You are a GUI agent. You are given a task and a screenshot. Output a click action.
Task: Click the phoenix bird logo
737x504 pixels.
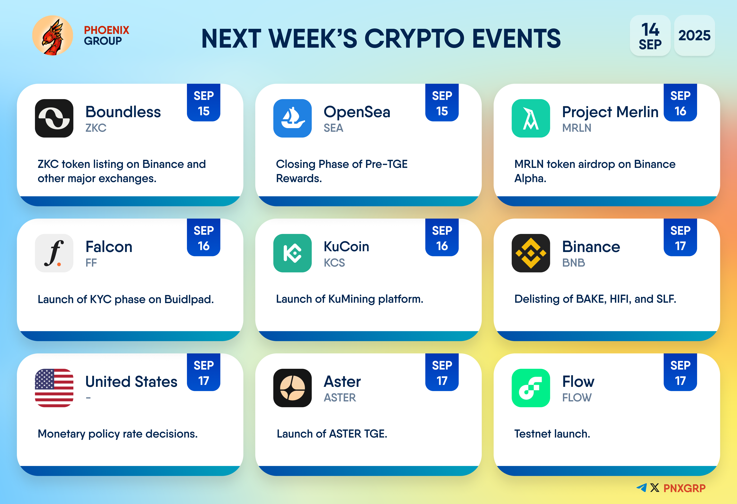point(53,36)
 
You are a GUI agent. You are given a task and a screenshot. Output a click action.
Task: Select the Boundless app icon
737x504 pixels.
point(54,118)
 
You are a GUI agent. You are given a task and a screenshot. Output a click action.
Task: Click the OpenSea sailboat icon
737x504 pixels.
point(292,118)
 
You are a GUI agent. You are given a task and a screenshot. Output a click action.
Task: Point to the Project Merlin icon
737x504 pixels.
point(531,118)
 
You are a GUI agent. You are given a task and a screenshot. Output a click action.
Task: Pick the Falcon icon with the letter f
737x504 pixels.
point(54,253)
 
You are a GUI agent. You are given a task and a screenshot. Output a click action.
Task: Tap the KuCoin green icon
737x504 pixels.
point(292,253)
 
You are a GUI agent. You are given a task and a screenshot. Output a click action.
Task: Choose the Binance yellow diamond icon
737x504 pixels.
point(531,253)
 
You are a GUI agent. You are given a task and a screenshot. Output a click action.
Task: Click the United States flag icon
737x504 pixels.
point(54,388)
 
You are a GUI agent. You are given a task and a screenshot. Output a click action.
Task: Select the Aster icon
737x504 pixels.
point(292,388)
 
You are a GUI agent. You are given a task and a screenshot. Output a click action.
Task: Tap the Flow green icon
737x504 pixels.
point(531,388)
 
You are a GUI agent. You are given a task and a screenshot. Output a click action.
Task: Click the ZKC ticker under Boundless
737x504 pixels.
point(96,128)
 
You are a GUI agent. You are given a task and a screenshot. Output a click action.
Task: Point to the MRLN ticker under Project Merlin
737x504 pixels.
point(577,128)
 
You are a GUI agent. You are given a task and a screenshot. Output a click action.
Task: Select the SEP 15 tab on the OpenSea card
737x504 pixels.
point(442,103)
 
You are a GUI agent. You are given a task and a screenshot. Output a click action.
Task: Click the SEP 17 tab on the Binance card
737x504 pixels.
point(680,237)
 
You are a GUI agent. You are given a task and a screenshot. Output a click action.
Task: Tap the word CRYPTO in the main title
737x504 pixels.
point(415,38)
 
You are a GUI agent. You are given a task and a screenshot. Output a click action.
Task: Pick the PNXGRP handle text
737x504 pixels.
point(684,488)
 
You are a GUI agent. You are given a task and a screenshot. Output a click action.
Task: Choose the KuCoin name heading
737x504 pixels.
point(346,247)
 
